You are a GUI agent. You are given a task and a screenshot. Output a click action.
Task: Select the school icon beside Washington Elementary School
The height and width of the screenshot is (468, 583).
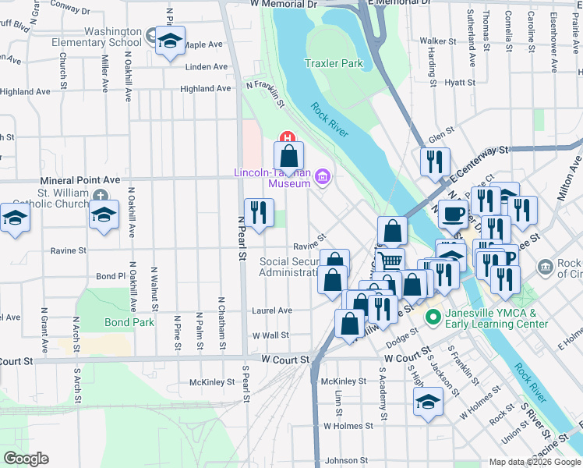pyautogui.click(x=168, y=41)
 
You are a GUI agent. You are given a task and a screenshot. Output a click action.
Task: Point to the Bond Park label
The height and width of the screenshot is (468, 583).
pyautogui.click(x=126, y=321)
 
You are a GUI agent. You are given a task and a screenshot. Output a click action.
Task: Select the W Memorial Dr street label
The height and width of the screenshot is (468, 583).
pyautogui.click(x=284, y=5)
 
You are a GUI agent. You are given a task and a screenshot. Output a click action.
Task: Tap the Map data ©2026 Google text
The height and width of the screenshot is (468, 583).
pyautogui.click(x=534, y=462)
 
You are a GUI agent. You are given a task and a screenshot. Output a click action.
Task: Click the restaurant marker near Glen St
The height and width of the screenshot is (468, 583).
pyautogui.click(x=433, y=161)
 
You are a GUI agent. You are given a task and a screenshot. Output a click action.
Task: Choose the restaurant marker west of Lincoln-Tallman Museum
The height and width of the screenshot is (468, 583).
pyautogui.click(x=259, y=211)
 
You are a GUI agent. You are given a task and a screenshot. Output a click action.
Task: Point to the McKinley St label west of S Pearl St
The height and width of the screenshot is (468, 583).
pyautogui.click(x=212, y=382)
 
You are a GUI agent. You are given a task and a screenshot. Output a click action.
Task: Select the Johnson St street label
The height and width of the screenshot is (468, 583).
pyautogui.click(x=345, y=460)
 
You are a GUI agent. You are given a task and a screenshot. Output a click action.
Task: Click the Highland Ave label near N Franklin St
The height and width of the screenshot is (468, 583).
pyautogui.click(x=206, y=89)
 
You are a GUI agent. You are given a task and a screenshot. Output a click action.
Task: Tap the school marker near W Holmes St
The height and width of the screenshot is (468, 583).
pyautogui.click(x=426, y=401)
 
